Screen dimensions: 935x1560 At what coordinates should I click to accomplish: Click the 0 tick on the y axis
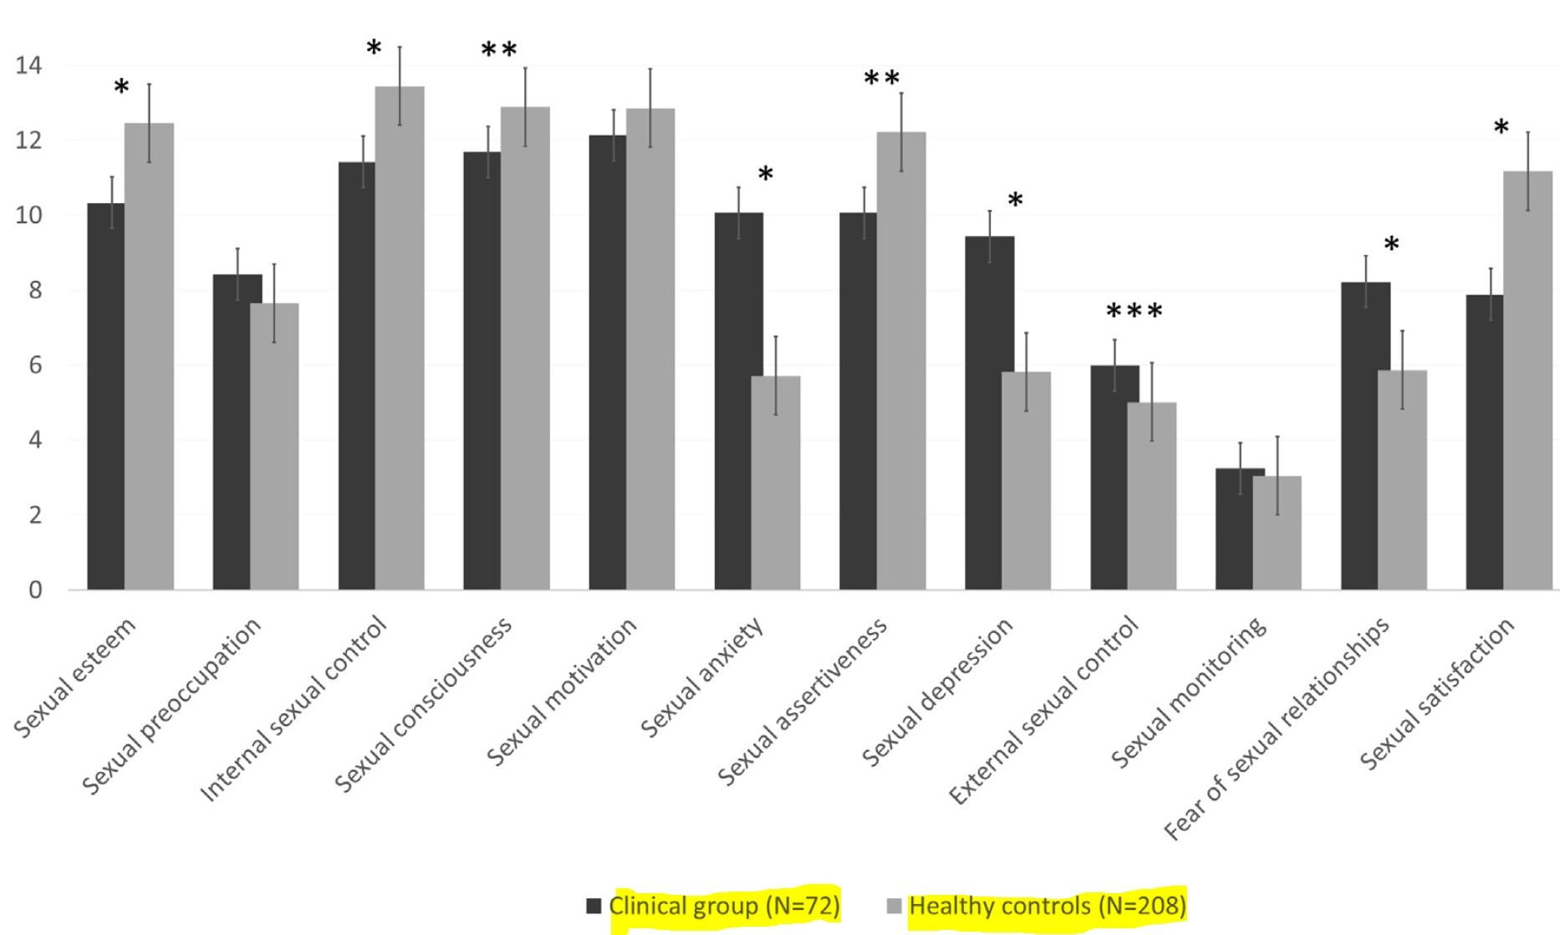coord(34,590)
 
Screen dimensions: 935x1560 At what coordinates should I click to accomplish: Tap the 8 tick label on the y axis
coord(34,290)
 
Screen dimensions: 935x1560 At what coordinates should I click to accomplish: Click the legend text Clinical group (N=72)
coord(724,907)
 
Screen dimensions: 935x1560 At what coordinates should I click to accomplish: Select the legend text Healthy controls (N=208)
coord(1047,907)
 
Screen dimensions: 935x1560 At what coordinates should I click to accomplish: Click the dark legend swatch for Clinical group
coord(594,907)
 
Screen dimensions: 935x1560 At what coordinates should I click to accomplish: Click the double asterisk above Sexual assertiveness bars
coord(881,79)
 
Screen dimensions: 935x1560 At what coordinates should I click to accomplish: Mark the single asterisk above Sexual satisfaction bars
coord(1501,128)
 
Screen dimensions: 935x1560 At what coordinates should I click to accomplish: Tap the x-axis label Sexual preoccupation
coord(171,706)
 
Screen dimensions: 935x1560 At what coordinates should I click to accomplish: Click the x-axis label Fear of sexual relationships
coord(1277,728)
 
